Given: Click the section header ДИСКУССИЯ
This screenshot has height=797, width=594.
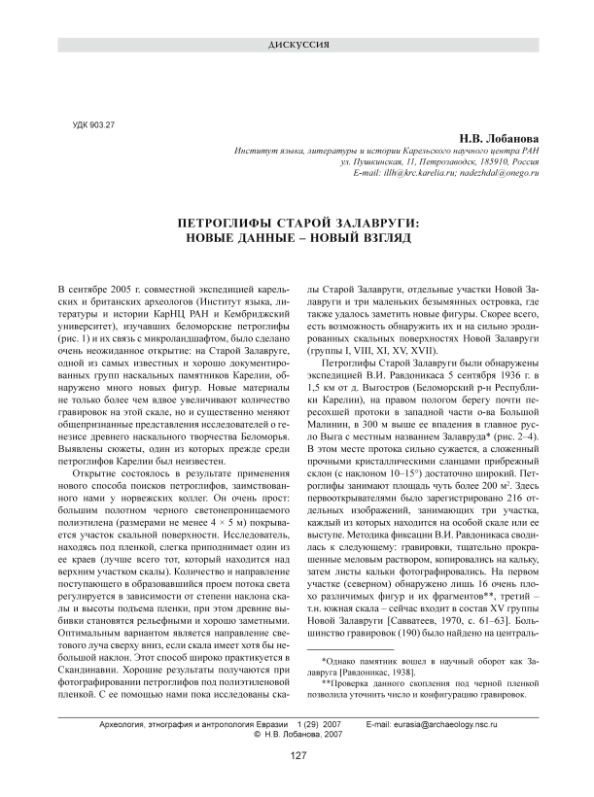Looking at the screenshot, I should pyautogui.click(x=297, y=46).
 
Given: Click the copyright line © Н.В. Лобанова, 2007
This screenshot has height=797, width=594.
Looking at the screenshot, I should pyautogui.click(x=297, y=735).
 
